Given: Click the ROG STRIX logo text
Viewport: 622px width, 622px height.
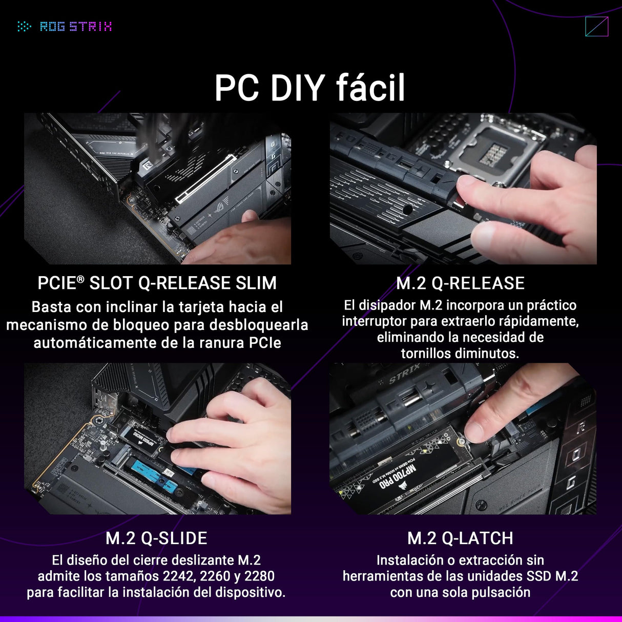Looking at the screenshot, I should [75, 27].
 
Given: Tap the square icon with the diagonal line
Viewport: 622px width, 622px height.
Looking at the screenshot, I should [596, 27].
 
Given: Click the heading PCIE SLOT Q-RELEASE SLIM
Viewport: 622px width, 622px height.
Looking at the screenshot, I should [157, 283].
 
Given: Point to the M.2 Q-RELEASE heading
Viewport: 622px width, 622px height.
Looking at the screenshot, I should [460, 283].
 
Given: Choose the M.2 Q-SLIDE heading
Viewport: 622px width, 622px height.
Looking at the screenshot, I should [156, 538].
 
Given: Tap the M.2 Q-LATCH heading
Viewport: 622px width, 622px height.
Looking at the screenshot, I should [460, 538].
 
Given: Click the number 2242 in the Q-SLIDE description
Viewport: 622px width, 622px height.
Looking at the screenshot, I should [178, 576].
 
